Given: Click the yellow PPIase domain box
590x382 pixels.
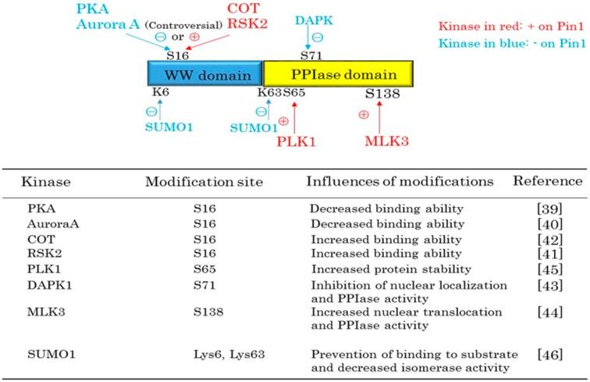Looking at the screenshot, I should point(338,75).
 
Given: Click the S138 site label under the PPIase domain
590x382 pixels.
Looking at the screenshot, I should point(383,95).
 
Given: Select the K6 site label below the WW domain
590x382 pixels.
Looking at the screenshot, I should point(161,95).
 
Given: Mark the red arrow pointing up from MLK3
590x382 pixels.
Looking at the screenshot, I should point(379,118).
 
